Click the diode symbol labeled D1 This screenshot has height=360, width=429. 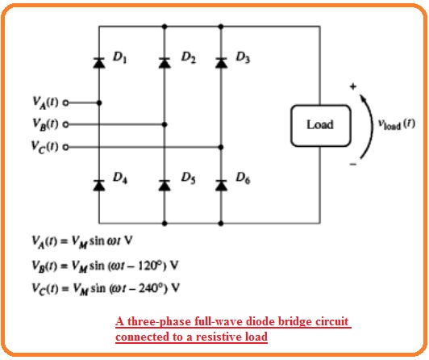pos(99,63)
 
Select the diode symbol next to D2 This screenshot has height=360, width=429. pos(165,63)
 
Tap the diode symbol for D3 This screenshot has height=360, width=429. pos(221,63)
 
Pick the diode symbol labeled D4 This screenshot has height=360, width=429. pos(99,186)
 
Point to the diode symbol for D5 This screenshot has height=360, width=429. pos(165,186)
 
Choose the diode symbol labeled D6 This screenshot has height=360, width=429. pos(221,186)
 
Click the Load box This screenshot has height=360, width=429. pos(320,126)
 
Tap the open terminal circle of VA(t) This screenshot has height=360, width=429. pos(65,103)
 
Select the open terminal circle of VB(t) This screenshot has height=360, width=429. pos(65,124)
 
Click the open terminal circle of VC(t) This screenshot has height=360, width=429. pos(65,147)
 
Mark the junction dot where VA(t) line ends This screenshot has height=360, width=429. pos(99,103)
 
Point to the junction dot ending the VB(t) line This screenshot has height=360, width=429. pos(165,124)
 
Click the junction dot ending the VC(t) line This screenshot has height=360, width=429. pos(221,147)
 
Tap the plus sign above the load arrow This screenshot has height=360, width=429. pos(353,86)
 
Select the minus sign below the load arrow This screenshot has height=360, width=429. pos(353,164)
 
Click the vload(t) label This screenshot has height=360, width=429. pos(397,124)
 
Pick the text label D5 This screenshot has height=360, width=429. pos(188,178)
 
